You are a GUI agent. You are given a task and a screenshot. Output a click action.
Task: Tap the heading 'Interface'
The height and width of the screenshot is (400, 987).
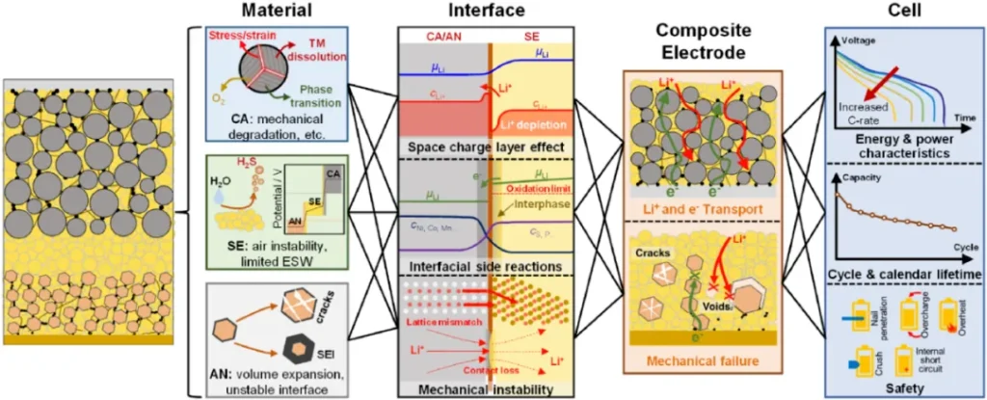pos(473,13)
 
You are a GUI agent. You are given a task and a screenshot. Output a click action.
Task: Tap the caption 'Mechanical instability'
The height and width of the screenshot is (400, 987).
pos(473,388)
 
